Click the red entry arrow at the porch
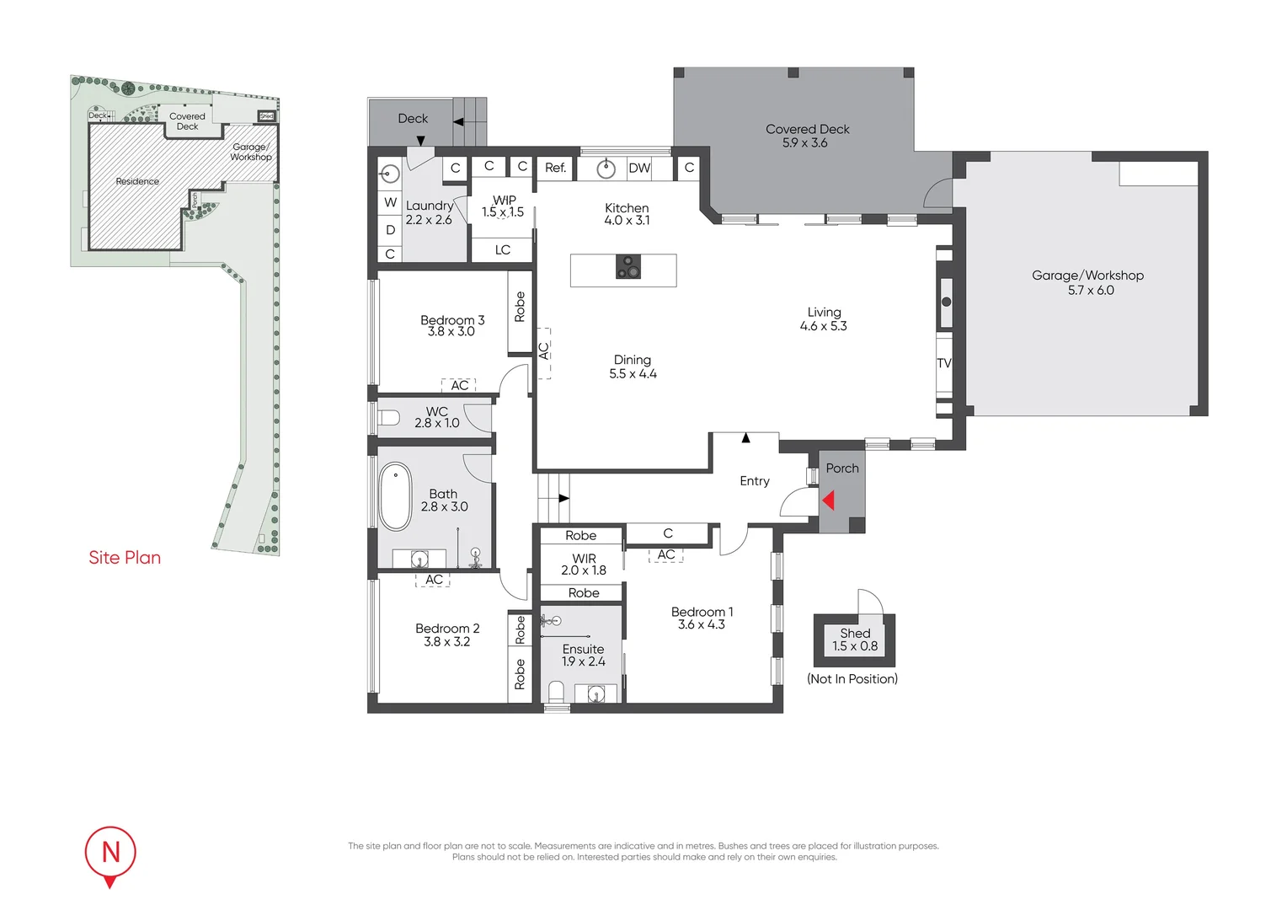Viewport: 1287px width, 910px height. [828, 500]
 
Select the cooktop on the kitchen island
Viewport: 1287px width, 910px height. [627, 267]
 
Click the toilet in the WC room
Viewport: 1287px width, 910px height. [388, 418]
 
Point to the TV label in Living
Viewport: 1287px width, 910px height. [943, 363]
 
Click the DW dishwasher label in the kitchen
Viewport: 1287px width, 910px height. [639, 168]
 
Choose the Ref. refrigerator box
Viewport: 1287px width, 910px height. [555, 168]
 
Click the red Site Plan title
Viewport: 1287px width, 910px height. [125, 558]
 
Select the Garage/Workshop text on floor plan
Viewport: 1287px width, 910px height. [1087, 276]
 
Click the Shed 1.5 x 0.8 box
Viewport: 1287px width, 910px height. [854, 640]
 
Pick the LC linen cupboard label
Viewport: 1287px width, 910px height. [503, 250]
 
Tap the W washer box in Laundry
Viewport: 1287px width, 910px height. [390, 202]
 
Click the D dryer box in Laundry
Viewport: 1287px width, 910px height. [390, 229]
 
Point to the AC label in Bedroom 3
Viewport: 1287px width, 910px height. [459, 385]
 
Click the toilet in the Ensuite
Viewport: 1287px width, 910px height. [556, 693]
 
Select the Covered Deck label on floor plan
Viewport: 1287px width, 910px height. [807, 129]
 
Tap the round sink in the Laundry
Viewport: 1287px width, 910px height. [389, 174]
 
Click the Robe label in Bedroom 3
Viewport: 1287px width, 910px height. [520, 307]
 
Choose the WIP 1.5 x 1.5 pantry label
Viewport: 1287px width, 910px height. [504, 206]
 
